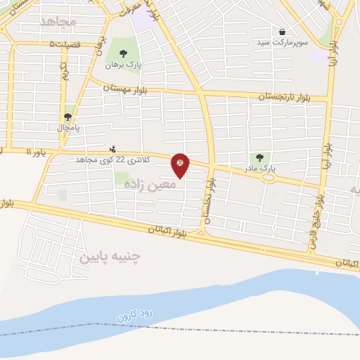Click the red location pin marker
click(x=181, y=164)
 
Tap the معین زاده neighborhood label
click(x=149, y=184)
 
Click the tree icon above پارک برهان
click(x=123, y=53)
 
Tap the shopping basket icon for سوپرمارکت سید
click(x=282, y=32)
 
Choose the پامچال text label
click(x=68, y=128)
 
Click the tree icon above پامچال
click(x=67, y=117)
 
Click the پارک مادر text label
click(x=262, y=169)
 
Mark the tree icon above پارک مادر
click(x=259, y=158)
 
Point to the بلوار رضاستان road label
click(x=208, y=202)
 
